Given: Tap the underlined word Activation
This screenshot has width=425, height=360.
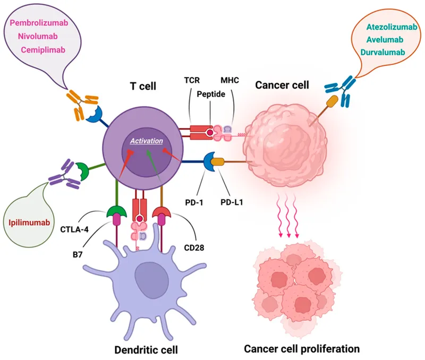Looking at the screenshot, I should pos(144,141).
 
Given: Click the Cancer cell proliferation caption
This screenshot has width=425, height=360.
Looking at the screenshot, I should pos(302,349).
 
